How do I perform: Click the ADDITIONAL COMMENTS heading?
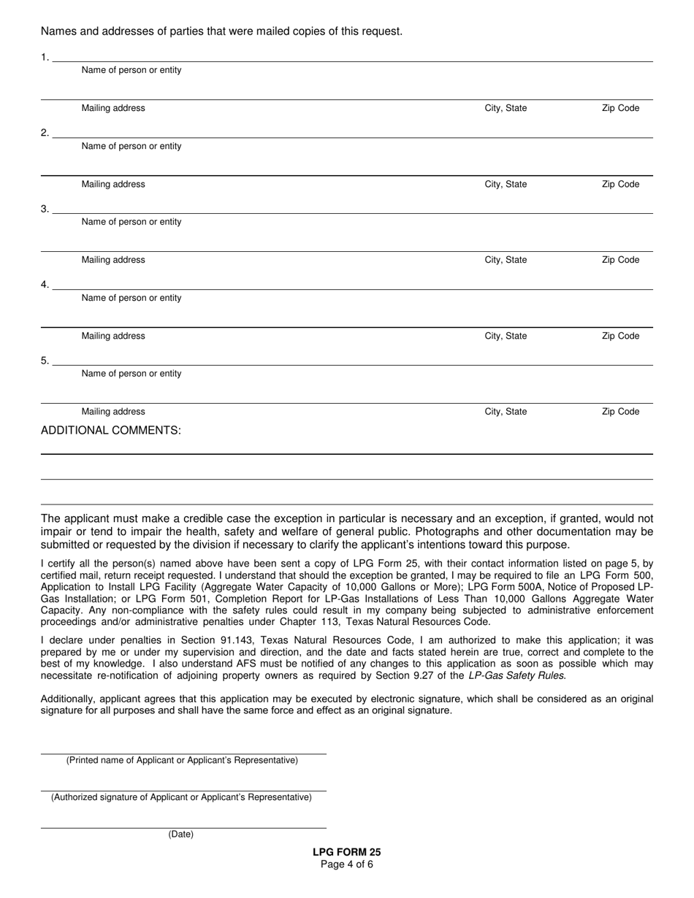(110, 430)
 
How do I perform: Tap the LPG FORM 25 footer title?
(346, 852)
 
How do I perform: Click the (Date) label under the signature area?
(181, 834)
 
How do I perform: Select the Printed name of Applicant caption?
(182, 760)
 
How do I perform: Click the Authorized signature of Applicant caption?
(181, 797)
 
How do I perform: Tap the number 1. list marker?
(45, 57)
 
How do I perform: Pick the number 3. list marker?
(45, 209)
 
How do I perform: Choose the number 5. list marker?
(45, 361)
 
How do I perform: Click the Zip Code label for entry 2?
(620, 184)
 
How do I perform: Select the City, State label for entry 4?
(506, 336)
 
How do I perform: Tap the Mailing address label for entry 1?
(113, 108)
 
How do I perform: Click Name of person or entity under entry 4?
(131, 298)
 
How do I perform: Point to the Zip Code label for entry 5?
(620, 412)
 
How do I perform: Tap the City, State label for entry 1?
(506, 108)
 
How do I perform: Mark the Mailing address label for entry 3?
(113, 260)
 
